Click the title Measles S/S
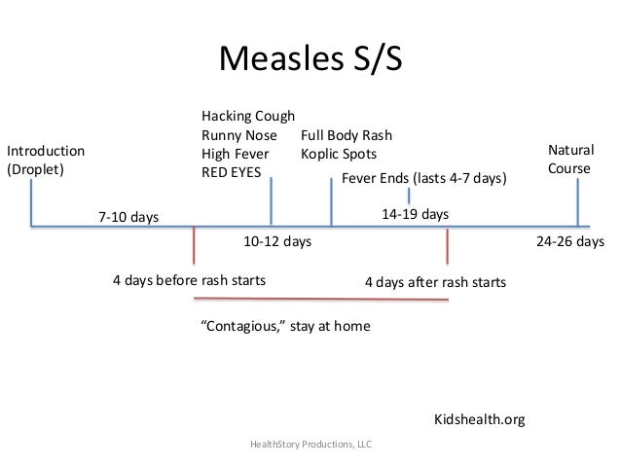(x=310, y=59)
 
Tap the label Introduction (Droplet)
(x=46, y=160)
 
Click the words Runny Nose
(x=239, y=136)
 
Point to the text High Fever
(x=236, y=154)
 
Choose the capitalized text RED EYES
(x=232, y=172)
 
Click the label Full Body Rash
(x=347, y=136)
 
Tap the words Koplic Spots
(x=339, y=154)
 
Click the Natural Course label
(x=570, y=160)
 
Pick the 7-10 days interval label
(x=128, y=216)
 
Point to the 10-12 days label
(x=276, y=241)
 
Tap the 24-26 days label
(x=570, y=241)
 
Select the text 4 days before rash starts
(x=190, y=280)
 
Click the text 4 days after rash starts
(x=435, y=282)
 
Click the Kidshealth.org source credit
(x=479, y=420)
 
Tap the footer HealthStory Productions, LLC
(x=310, y=445)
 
